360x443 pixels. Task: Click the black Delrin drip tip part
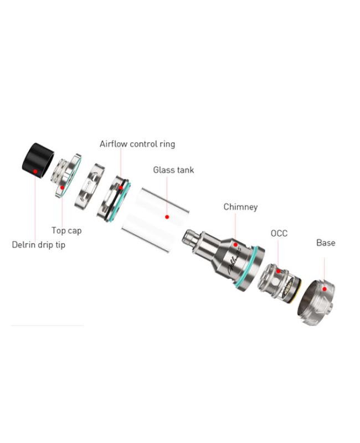click(x=37, y=160)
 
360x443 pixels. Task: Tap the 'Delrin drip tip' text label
click(x=38, y=245)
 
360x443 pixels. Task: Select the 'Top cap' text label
click(x=66, y=230)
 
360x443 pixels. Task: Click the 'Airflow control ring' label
click(x=137, y=144)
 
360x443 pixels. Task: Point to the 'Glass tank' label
click(x=173, y=170)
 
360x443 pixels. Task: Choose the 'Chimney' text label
click(x=240, y=207)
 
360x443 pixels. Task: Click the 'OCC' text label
click(x=279, y=234)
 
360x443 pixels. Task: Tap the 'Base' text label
click(x=326, y=243)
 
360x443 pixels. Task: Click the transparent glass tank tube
click(x=155, y=219)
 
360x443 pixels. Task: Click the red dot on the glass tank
click(x=167, y=217)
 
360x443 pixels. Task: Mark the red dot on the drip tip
click(x=35, y=172)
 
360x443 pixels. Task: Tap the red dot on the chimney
click(x=235, y=244)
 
